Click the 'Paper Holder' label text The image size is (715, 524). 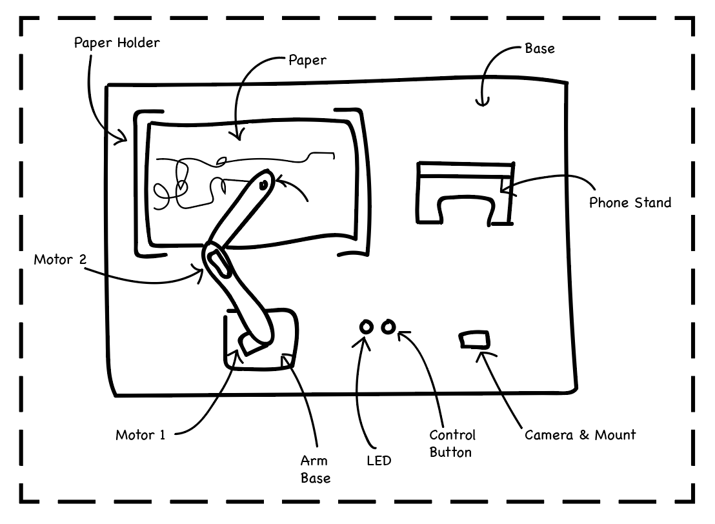click(116, 43)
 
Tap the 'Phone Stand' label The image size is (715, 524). click(630, 203)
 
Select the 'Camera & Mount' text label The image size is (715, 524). click(579, 434)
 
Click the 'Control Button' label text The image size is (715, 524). click(452, 443)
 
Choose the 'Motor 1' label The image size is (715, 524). click(140, 434)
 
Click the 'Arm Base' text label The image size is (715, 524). click(315, 469)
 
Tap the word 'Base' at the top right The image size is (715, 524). click(539, 48)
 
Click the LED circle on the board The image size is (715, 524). click(366, 327)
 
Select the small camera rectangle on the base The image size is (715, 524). click(474, 339)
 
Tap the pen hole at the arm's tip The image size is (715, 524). click(263, 185)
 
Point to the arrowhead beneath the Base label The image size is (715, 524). click(482, 102)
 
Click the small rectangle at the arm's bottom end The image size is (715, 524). click(249, 343)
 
